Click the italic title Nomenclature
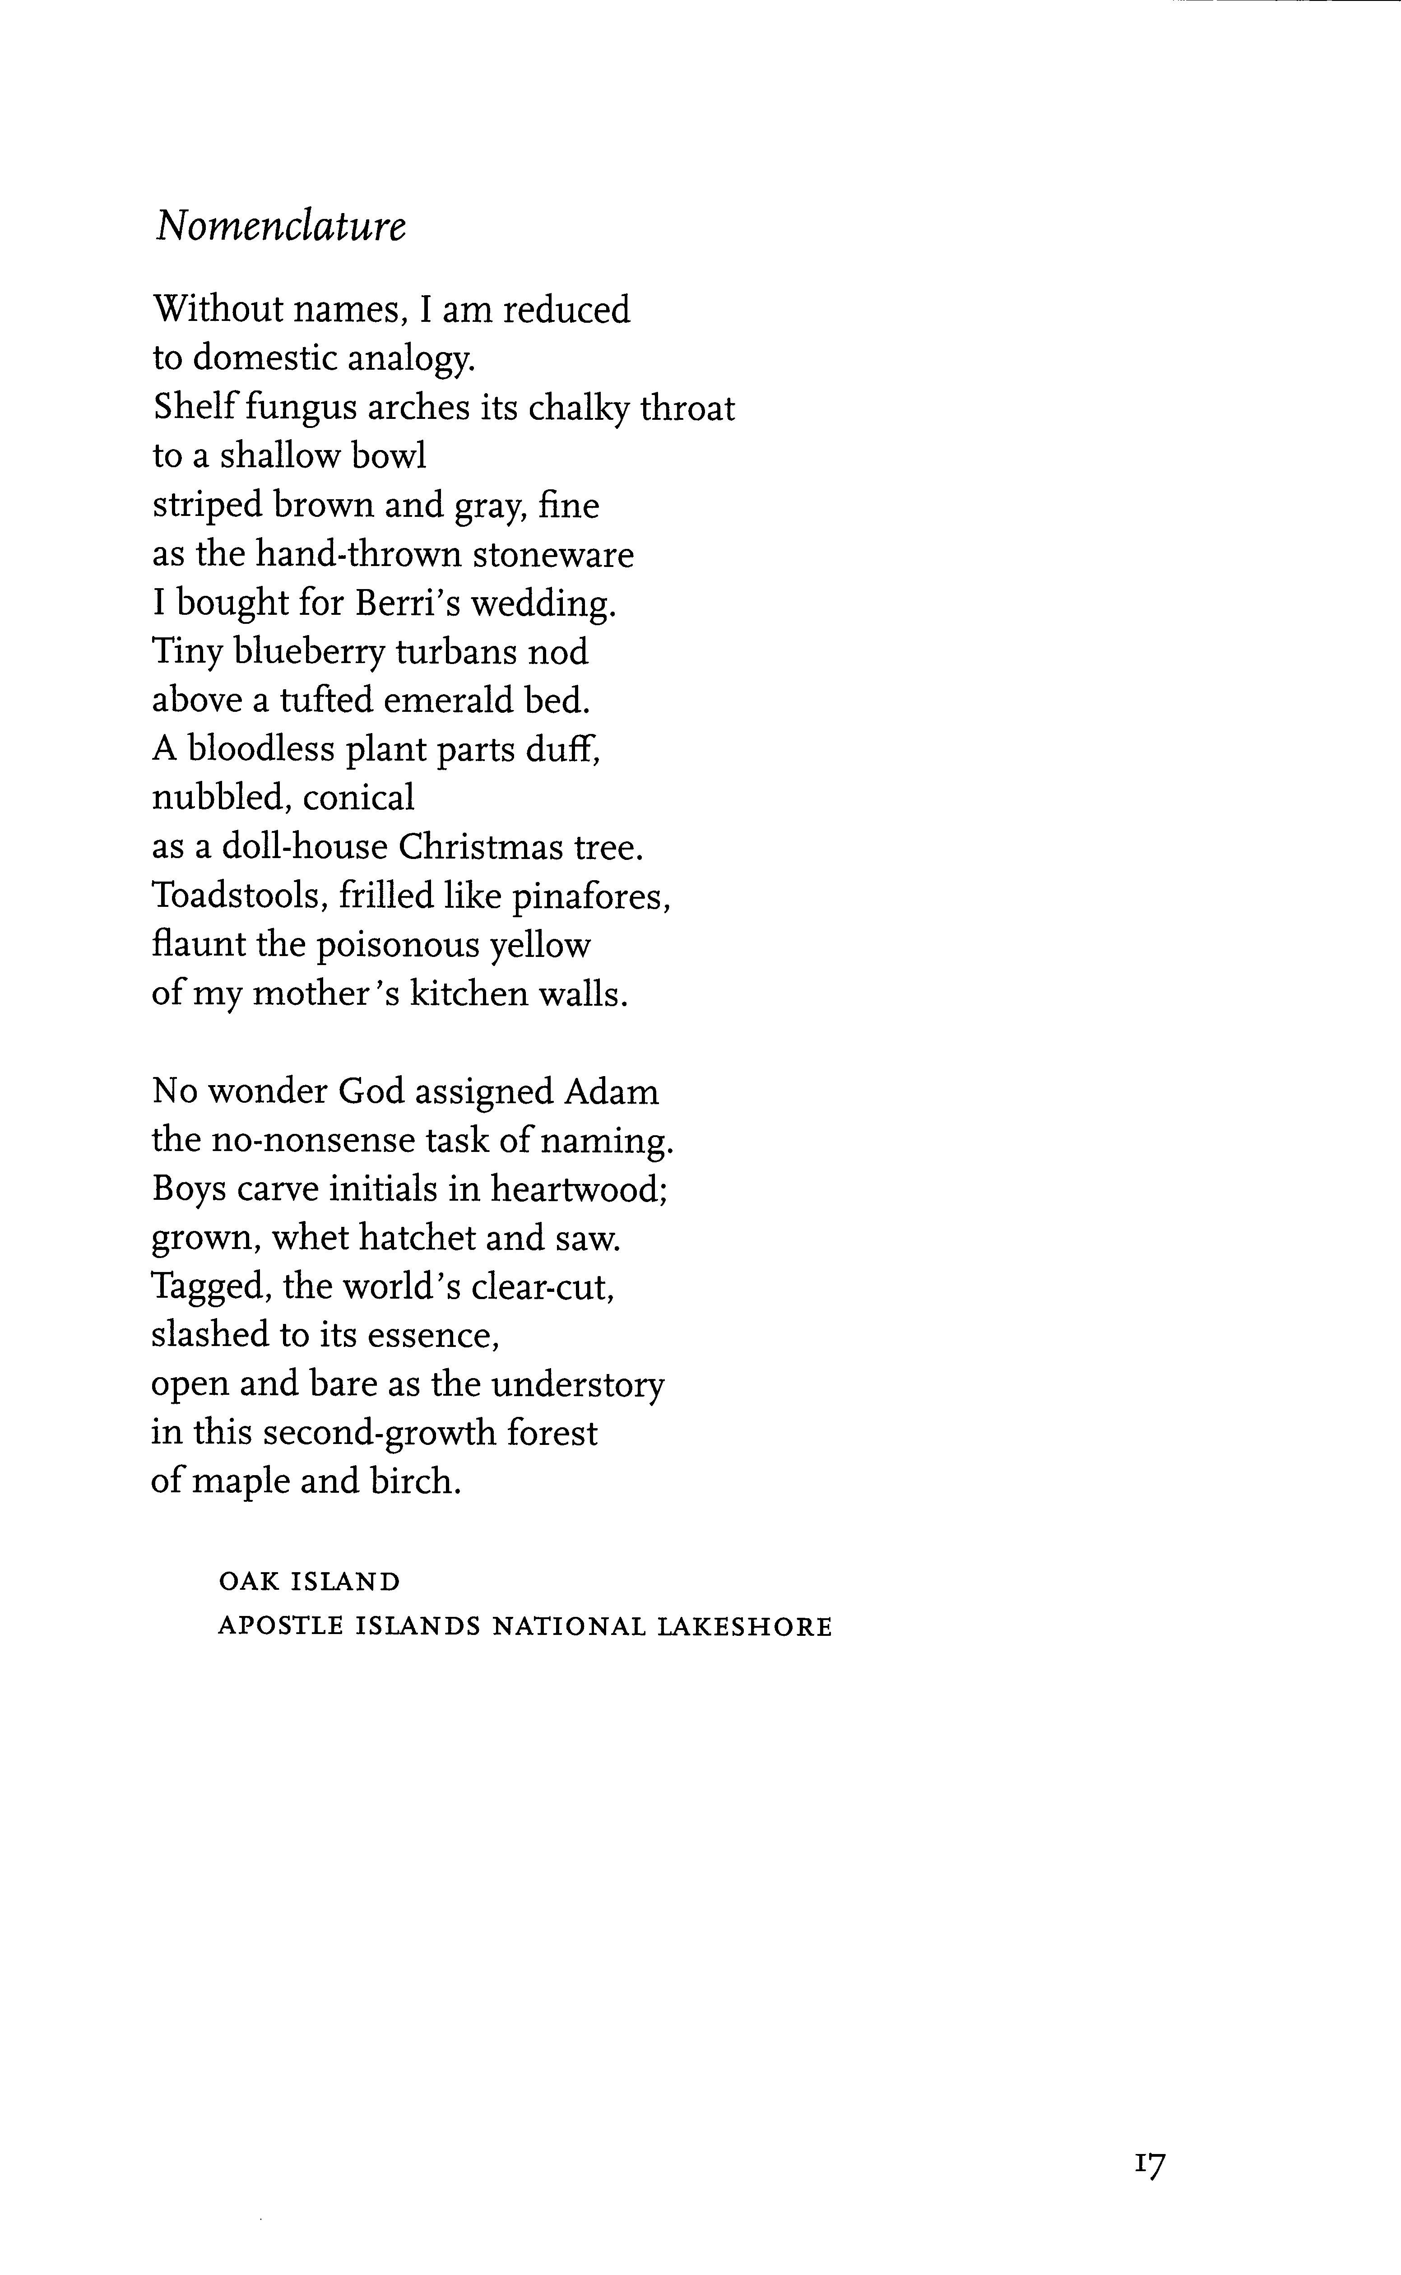click(x=280, y=225)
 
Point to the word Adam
click(x=612, y=1091)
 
